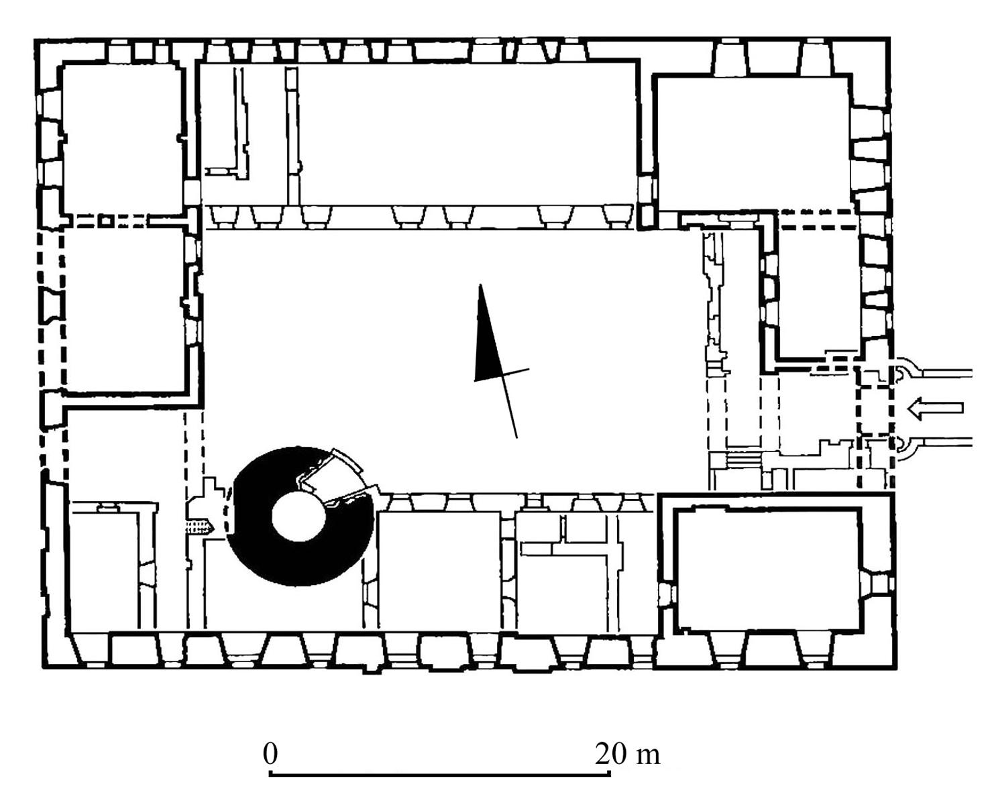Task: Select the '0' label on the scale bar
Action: coord(270,754)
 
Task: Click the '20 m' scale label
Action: coord(627,754)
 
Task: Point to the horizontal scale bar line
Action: coord(440,775)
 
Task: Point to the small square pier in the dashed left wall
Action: coord(105,221)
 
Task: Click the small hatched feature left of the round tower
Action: coord(199,526)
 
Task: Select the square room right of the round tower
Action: coord(440,571)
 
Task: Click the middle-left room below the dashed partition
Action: coord(125,309)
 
